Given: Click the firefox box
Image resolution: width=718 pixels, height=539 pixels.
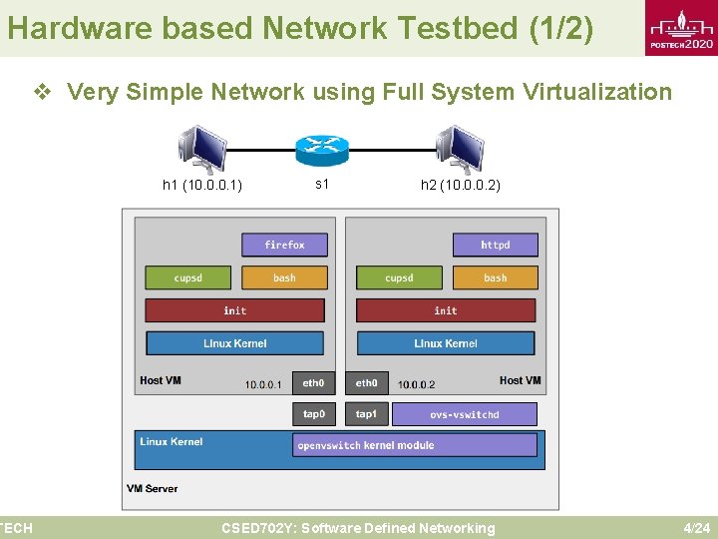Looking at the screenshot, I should (x=284, y=245).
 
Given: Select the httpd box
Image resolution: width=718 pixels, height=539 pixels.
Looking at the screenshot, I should (x=495, y=245).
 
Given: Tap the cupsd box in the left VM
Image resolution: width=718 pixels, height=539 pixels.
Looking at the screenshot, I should (x=187, y=277).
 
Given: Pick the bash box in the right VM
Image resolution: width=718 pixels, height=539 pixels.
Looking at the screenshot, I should (x=495, y=277).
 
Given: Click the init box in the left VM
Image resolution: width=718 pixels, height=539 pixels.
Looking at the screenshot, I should (x=234, y=310).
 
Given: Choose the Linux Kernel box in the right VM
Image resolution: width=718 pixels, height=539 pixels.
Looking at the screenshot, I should (x=445, y=343).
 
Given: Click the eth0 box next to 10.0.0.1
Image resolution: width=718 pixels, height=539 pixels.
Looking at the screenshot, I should (x=313, y=382).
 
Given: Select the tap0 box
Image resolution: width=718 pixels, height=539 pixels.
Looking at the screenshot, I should (x=313, y=413).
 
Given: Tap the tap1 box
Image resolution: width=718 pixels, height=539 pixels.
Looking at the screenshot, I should (x=366, y=413).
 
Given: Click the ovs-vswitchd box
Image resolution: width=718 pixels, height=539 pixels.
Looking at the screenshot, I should (x=464, y=413).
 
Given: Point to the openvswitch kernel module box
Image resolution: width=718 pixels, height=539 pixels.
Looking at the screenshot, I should (x=415, y=445).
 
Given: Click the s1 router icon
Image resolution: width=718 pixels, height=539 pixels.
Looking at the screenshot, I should (x=322, y=151).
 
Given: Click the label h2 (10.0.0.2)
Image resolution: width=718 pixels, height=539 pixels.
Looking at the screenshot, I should (x=460, y=185).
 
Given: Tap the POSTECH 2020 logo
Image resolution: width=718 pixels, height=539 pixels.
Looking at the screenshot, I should (x=680, y=30).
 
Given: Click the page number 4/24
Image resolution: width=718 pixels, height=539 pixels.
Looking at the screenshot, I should (x=695, y=528).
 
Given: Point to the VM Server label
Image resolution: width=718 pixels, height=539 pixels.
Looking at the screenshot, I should (x=153, y=488).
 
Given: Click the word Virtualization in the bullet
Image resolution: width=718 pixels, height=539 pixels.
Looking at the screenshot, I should (x=610, y=93).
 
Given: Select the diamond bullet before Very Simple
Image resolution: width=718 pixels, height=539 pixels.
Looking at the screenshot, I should (x=43, y=93).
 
